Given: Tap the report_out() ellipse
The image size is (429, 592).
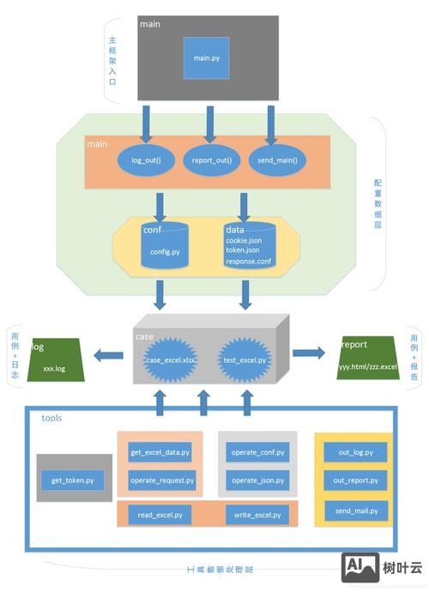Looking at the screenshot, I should (208, 160).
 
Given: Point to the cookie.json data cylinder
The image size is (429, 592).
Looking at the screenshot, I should (250, 245).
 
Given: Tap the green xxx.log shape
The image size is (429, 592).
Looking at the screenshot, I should (54, 359).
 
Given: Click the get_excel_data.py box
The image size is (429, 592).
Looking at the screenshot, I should (160, 452).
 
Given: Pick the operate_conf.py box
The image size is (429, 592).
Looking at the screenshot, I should (257, 452).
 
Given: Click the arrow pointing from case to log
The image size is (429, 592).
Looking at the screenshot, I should (107, 353).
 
